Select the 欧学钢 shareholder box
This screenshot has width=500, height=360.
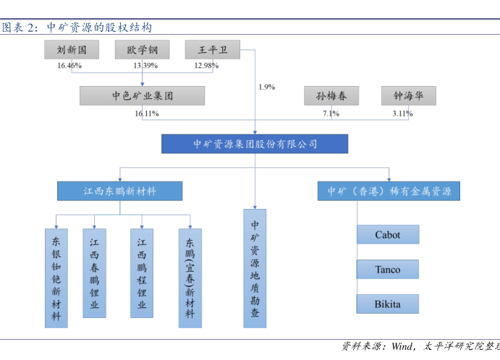pyautogui.click(x=142, y=50)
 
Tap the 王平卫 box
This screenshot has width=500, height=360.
pyautogui.click(x=212, y=50)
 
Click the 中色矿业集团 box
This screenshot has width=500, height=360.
pyautogui.click(x=142, y=96)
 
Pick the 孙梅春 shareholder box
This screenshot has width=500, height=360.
pyautogui.click(x=331, y=96)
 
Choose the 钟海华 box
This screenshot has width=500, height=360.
pyautogui.click(x=409, y=96)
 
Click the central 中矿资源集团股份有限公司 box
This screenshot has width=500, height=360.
pyautogui.click(x=255, y=144)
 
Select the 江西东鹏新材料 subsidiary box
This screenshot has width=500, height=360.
pyautogui.click(x=120, y=191)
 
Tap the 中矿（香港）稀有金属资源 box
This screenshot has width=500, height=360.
pyautogui.click(x=389, y=191)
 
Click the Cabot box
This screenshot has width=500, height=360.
pyautogui.click(x=388, y=235)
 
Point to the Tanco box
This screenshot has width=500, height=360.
pyautogui.click(x=388, y=270)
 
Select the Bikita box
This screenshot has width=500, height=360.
pyautogui.click(x=388, y=304)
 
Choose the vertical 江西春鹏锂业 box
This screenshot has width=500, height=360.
pyautogui.click(x=94, y=274)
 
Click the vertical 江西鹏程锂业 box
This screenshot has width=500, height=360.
pyautogui.click(x=142, y=274)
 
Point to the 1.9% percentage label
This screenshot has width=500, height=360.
pyautogui.click(x=266, y=87)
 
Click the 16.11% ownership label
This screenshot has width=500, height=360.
pyautogui.click(x=146, y=113)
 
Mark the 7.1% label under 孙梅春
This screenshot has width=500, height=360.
pyautogui.click(x=331, y=113)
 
